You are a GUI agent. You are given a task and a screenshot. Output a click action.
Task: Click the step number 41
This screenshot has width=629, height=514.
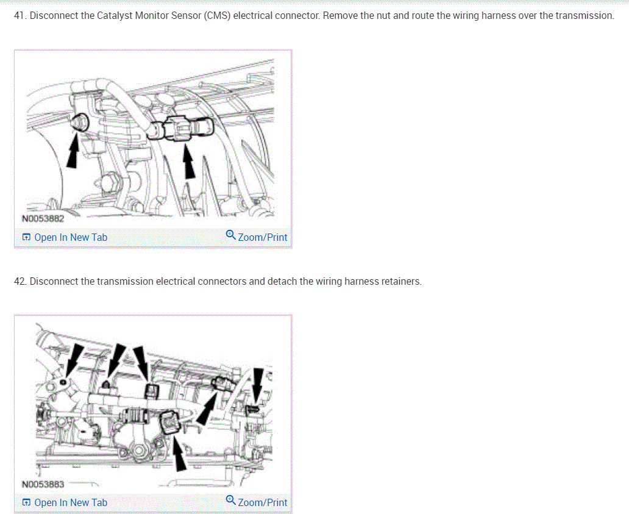coord(20,16)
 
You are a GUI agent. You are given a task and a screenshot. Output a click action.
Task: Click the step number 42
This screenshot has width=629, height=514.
coord(21,281)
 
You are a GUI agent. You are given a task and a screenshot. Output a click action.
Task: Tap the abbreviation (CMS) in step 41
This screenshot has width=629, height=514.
coord(217,16)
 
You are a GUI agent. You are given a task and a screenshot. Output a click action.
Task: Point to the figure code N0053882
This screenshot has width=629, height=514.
coord(43,219)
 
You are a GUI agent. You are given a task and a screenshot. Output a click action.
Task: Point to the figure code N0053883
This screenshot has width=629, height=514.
coord(43,484)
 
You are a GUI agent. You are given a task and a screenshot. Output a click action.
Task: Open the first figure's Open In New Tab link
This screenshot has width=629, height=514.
coord(65,238)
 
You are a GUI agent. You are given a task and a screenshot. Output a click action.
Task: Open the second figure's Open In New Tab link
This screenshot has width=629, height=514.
coord(65,503)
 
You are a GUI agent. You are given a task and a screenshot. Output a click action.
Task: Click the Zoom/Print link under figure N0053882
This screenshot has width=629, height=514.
coord(263,238)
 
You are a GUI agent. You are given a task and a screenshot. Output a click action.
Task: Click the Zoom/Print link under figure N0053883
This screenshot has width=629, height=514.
coord(263,503)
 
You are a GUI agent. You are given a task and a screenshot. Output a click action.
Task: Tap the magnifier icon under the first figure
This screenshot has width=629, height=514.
coord(230,235)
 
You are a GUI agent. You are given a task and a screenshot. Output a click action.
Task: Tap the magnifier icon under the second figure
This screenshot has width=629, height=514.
coord(230,500)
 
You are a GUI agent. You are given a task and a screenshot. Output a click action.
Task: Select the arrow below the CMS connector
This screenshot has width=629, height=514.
coord(188,162)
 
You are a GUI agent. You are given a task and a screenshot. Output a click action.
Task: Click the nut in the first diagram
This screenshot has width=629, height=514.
coord(80,122)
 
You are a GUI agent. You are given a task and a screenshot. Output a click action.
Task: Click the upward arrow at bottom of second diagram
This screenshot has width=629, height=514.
coord(179,454)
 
